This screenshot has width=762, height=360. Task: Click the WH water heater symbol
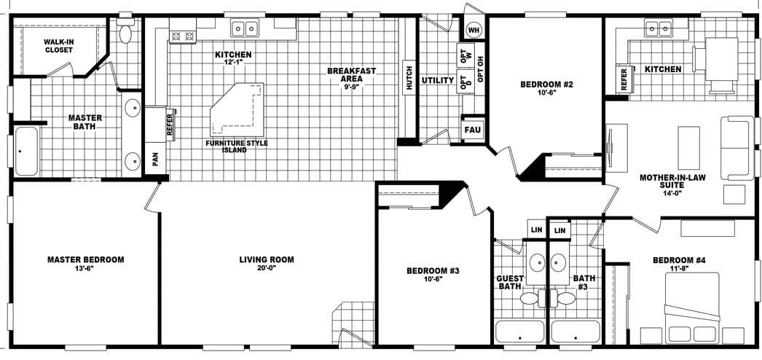pyautogui.click(x=474, y=30)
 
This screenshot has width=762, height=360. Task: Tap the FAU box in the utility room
pyautogui.click(x=473, y=130)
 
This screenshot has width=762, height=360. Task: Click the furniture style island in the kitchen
pyautogui.click(x=235, y=110)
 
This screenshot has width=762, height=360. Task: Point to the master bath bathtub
pyautogui.click(x=27, y=152)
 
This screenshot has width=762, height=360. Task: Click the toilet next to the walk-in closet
pyautogui.click(x=125, y=32)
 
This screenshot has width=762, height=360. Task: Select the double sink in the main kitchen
pyautogui.click(x=245, y=29)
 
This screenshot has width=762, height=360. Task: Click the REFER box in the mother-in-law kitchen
pyautogui.click(x=624, y=79)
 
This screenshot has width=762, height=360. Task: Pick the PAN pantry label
pyautogui.click(x=154, y=158)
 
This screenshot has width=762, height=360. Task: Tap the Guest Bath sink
pyautogui.click(x=536, y=263)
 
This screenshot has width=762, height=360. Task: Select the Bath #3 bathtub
pyautogui.click(x=575, y=332)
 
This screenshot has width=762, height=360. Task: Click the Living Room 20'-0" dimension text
pyautogui.click(x=267, y=268)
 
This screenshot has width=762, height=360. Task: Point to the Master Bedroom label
pyautogui.click(x=85, y=259)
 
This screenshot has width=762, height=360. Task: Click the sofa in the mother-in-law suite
pyautogui.click(x=737, y=147)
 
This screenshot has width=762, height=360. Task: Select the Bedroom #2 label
pyautogui.click(x=546, y=85)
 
